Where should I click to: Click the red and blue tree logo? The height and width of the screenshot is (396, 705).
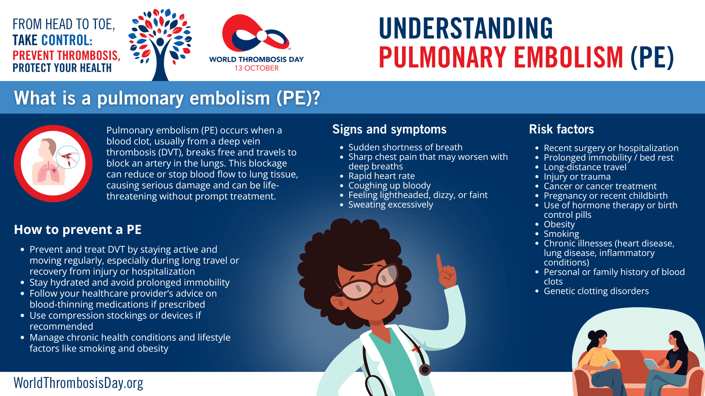coord(160,44)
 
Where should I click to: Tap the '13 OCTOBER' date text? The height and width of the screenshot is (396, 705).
coord(257,68)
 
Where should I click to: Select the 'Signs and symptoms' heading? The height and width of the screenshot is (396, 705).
coord(389,129)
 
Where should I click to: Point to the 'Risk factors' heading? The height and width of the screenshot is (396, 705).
coord(561,129)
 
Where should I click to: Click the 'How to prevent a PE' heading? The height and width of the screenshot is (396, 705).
coord(77,230)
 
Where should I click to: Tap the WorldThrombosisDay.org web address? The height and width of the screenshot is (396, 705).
coord(78,383)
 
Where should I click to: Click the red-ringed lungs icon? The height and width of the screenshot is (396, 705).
coord(53,164)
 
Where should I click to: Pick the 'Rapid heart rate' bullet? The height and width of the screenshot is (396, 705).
coord(382,176)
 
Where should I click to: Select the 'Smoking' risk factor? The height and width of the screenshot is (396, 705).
coord(561,234)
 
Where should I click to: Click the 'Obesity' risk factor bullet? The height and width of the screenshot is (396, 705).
coord(559,224)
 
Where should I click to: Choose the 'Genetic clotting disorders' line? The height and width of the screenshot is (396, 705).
coord(596,291)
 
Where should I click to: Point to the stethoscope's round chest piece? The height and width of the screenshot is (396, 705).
coord(425,370)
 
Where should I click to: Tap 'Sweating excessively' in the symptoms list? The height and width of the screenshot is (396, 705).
coord(391,205)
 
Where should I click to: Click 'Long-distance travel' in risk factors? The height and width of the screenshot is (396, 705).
coord(585,167)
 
